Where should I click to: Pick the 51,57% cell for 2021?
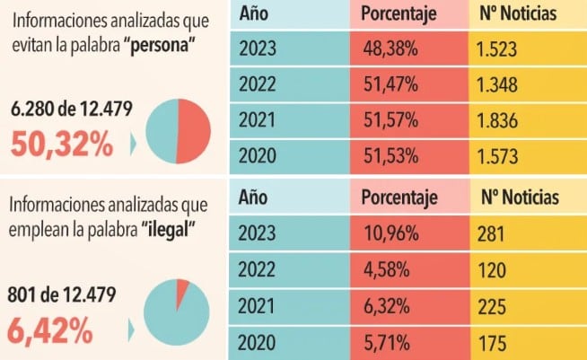click(391, 120)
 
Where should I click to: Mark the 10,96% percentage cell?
click(391, 234)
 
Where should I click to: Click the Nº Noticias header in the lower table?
click(520, 197)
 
